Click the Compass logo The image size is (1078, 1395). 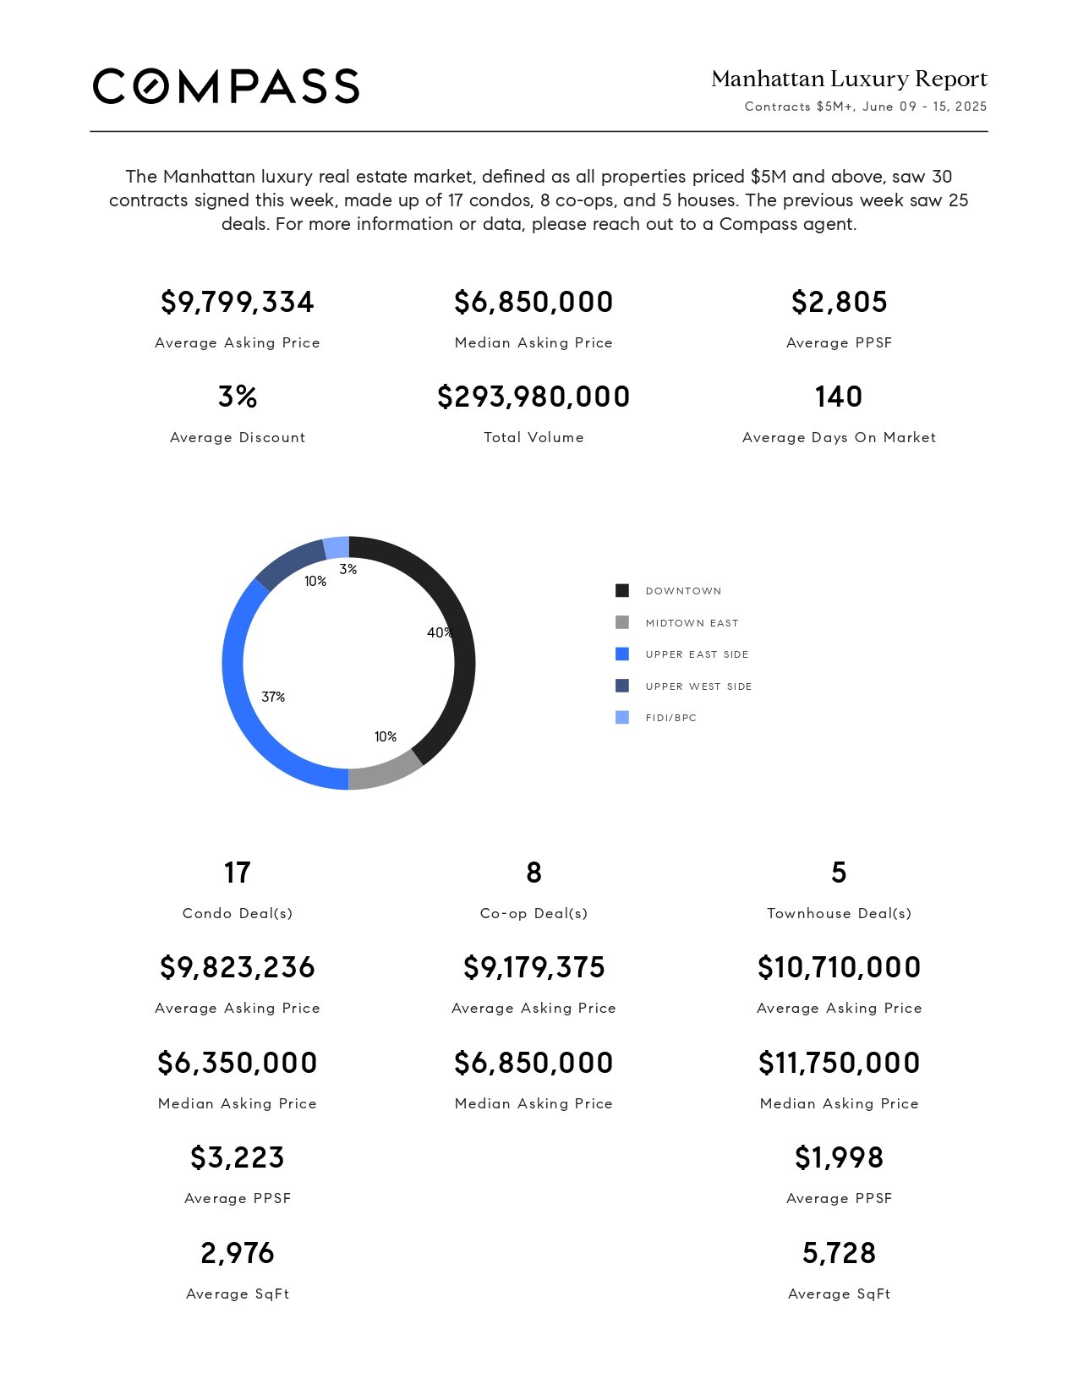[x=226, y=86]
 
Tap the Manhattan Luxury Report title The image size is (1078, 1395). [x=849, y=79]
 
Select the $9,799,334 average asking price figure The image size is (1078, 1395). [x=238, y=302]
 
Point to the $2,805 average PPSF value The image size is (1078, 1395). [x=840, y=302]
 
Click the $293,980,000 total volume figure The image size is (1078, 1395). [x=534, y=397]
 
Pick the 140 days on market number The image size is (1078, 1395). [x=839, y=397]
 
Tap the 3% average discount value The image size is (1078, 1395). [x=238, y=397]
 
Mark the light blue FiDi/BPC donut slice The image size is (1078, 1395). [x=337, y=548]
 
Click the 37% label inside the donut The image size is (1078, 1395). [x=273, y=697]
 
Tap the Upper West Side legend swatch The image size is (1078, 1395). [x=622, y=686]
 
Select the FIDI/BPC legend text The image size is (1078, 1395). [x=671, y=718]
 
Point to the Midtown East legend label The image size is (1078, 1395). [x=692, y=623]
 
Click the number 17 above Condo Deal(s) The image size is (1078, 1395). [x=238, y=873]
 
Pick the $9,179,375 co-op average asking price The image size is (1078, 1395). [x=534, y=967]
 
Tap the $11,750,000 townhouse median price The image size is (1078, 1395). [x=840, y=1063]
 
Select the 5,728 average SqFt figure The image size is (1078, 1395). [x=840, y=1253]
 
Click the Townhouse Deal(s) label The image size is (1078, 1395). [x=840, y=914]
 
